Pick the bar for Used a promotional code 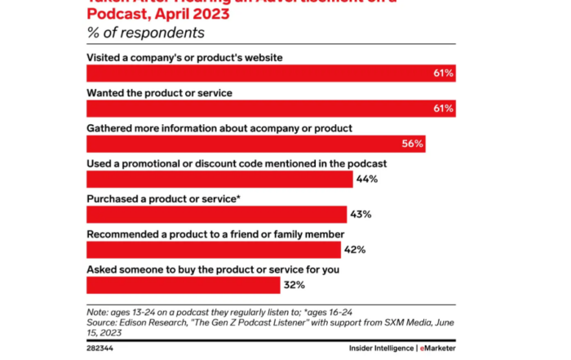tap(219, 179)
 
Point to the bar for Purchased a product tap(215, 215)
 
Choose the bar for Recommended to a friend tap(214, 250)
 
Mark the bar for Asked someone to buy tap(181, 285)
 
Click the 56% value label tap(413, 144)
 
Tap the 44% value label tap(367, 179)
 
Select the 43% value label tap(361, 215)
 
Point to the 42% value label tap(355, 250)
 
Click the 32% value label tap(294, 285)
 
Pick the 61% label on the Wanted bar tap(444, 109)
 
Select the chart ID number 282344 tap(100, 348)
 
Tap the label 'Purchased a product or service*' tap(163, 198)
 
